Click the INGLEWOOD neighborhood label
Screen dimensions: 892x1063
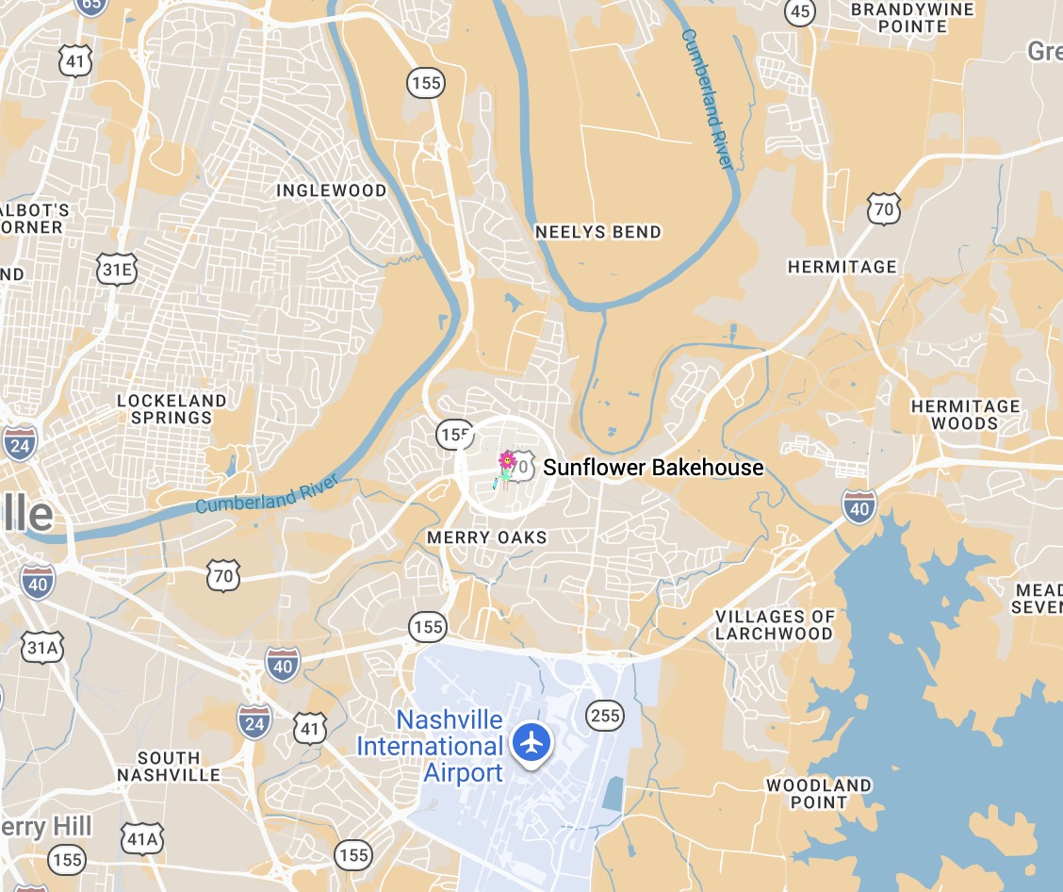point(331,190)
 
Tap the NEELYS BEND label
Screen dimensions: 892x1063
point(598,232)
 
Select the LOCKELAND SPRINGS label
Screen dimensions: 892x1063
point(172,409)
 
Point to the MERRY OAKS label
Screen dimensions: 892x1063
point(486,537)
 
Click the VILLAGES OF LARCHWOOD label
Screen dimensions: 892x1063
point(775,625)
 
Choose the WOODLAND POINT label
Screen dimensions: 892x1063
point(819,794)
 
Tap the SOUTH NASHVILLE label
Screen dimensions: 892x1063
point(169,766)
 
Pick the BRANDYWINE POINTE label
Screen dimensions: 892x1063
point(899,17)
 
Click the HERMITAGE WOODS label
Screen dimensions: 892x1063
point(965,415)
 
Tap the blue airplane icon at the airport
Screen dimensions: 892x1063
point(532,741)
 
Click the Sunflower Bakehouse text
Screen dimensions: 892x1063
point(653,468)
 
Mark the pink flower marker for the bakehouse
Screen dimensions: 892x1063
point(507,461)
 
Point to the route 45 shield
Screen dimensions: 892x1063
point(800,11)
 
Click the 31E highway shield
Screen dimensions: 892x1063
point(117,271)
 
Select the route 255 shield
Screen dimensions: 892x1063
point(604,715)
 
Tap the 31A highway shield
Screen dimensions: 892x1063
point(43,647)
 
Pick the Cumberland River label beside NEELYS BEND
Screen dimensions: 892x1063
point(706,99)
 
